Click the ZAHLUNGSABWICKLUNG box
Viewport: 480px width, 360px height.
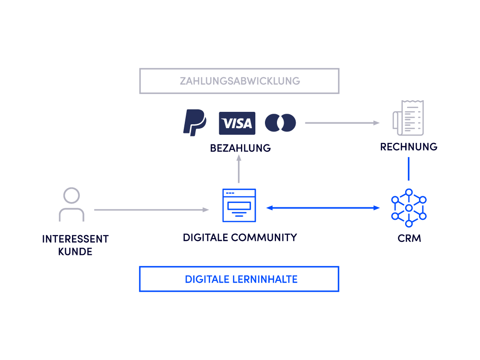[x=240, y=81]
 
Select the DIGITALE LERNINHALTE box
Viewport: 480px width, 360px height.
[x=239, y=279]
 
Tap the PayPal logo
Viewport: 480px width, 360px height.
[x=194, y=122]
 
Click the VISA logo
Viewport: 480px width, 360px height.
[x=237, y=123]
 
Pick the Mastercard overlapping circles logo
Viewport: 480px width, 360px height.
[x=280, y=123]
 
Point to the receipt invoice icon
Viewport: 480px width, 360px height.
[x=408, y=118]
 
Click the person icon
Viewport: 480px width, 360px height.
[x=72, y=204]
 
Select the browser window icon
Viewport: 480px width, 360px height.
[x=239, y=205]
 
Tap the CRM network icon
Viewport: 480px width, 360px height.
[x=408, y=208]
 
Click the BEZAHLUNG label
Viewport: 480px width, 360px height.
[x=240, y=148]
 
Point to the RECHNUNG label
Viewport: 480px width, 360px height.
[x=408, y=147]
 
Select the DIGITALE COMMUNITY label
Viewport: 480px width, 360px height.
[x=240, y=237]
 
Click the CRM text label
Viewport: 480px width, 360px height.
[x=409, y=239]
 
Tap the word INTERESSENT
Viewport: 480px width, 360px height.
[x=75, y=239]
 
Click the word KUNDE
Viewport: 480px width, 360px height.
[x=75, y=251]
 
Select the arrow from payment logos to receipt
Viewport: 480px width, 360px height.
[x=342, y=123]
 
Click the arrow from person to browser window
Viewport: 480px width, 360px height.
[x=151, y=210]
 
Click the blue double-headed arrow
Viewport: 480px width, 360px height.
[x=323, y=208]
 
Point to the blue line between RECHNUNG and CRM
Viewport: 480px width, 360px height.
[x=408, y=168]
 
